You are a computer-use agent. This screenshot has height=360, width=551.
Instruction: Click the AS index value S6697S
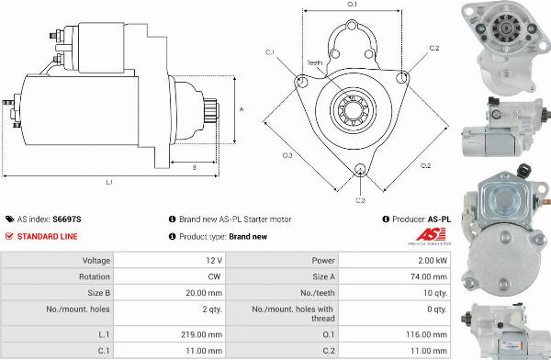coord(67,219)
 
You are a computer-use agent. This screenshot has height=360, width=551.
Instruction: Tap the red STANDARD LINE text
coord(47,237)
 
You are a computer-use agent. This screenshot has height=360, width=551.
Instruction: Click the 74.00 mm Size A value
coord(429,276)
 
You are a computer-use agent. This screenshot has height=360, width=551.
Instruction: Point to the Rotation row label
coord(95,276)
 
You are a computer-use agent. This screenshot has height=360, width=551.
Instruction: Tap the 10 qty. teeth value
coord(435,293)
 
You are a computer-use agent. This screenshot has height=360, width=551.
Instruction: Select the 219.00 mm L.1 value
coord(202,334)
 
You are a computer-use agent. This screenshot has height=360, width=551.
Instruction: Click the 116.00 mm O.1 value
coord(427,334)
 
